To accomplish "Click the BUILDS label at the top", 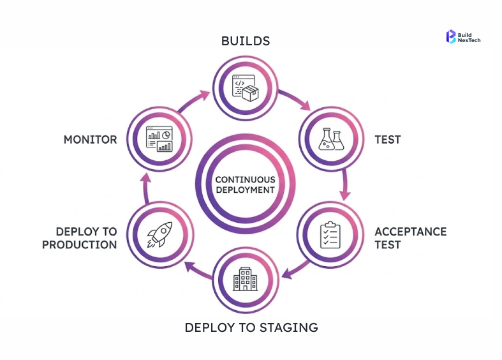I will [246, 41].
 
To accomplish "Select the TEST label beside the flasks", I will [387, 139].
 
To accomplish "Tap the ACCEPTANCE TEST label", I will [410, 237].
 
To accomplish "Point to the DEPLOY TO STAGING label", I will [251, 328].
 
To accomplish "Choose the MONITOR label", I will [90, 139].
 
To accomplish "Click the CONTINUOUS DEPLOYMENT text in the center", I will [245, 184].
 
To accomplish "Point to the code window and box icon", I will [245, 87].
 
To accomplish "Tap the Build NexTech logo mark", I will [451, 36].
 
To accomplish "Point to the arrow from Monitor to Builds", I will [193, 101].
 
